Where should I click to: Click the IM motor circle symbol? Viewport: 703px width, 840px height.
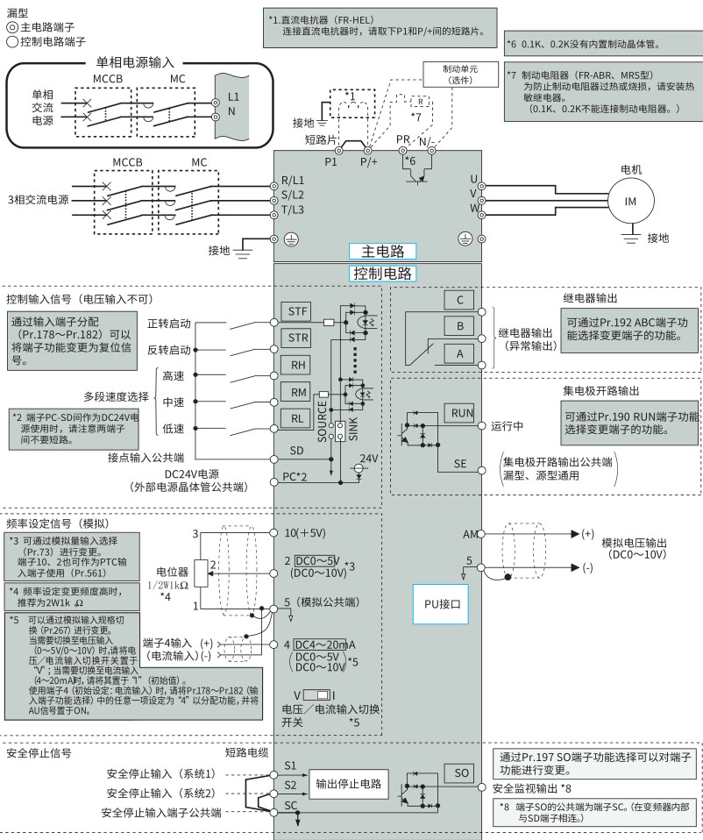tap(630, 201)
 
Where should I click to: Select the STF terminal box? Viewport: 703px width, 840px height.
tap(297, 310)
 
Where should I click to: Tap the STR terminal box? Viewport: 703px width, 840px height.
tap(297, 338)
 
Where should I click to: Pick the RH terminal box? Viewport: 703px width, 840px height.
tap(297, 364)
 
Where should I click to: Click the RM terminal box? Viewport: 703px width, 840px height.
tap(297, 391)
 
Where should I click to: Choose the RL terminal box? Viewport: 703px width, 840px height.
tap(297, 419)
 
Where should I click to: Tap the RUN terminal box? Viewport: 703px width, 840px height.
tap(461, 412)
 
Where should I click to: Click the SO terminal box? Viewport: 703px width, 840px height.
tap(462, 772)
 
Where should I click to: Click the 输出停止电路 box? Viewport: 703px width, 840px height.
tap(349, 784)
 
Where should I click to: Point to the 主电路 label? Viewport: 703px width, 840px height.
tap(382, 251)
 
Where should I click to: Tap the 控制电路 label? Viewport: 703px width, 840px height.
tap(382, 273)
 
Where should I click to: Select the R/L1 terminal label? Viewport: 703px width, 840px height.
tap(293, 179)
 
